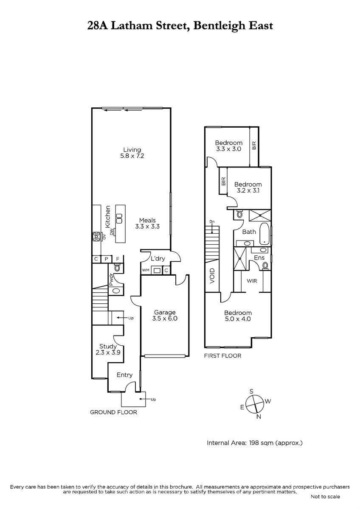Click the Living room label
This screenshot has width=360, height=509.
[x=132, y=150]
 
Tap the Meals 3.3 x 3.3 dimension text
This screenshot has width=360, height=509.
[x=147, y=227]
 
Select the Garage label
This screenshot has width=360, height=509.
[x=165, y=313]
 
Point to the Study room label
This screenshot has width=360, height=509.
[x=108, y=347]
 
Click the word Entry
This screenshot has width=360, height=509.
[x=124, y=375]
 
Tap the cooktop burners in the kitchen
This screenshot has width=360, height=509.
[x=96, y=237]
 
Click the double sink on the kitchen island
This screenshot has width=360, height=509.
[x=119, y=218]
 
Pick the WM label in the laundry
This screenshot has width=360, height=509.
[x=146, y=270]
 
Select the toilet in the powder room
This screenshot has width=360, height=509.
[x=117, y=268]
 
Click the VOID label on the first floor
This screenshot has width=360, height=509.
[x=212, y=276]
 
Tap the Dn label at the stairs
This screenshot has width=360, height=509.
[x=212, y=221]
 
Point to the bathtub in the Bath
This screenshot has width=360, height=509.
[x=264, y=234]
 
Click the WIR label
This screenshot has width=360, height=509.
[x=252, y=281]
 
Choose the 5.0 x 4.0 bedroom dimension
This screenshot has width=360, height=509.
[x=238, y=319]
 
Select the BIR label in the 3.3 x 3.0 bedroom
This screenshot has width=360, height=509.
[x=254, y=145]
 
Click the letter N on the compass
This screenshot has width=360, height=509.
[x=259, y=417]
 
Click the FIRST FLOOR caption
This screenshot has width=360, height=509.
[x=222, y=356]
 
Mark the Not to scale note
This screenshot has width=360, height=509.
[x=325, y=497]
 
